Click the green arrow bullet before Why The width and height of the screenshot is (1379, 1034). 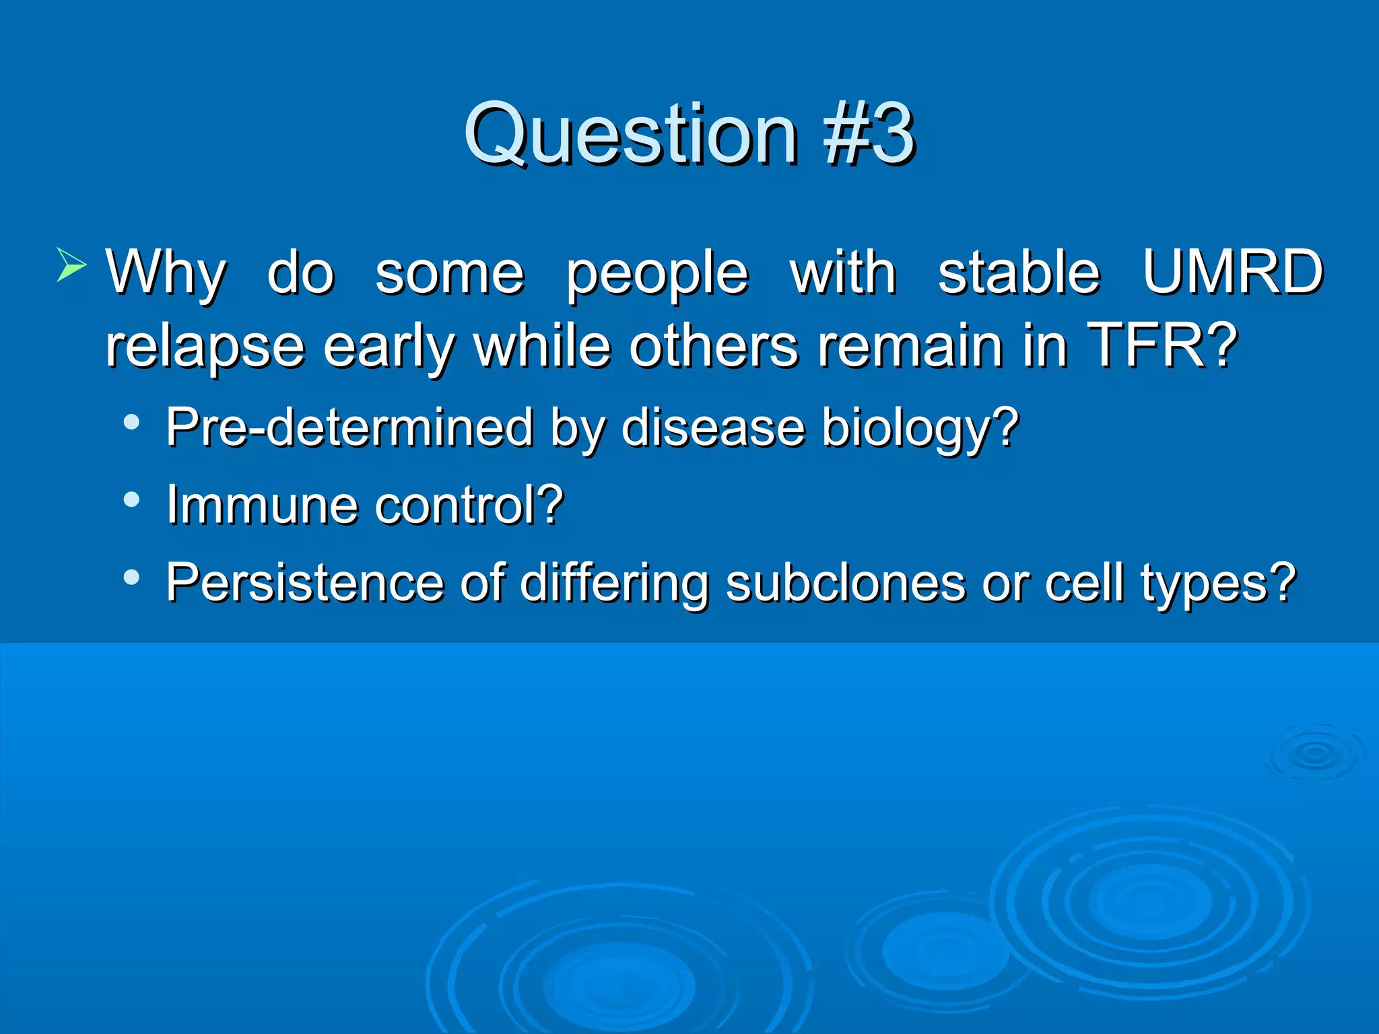[71, 265]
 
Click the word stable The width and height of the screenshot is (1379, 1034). [1019, 273]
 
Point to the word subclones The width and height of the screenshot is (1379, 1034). [845, 582]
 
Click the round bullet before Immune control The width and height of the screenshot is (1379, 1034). [132, 500]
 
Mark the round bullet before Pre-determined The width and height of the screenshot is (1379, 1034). [132, 423]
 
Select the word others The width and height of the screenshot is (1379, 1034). [714, 345]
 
